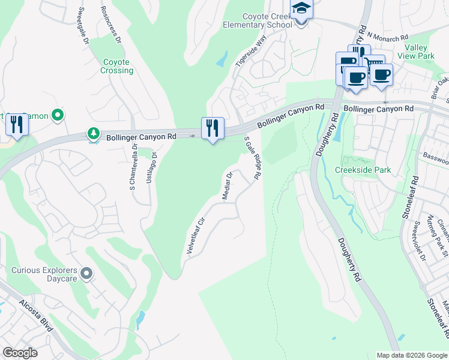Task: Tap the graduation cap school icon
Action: point(301,10)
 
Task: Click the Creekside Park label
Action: point(363,170)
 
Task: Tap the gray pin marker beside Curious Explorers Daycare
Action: point(86,274)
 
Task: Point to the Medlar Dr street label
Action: point(227,186)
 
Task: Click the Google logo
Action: point(20,353)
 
